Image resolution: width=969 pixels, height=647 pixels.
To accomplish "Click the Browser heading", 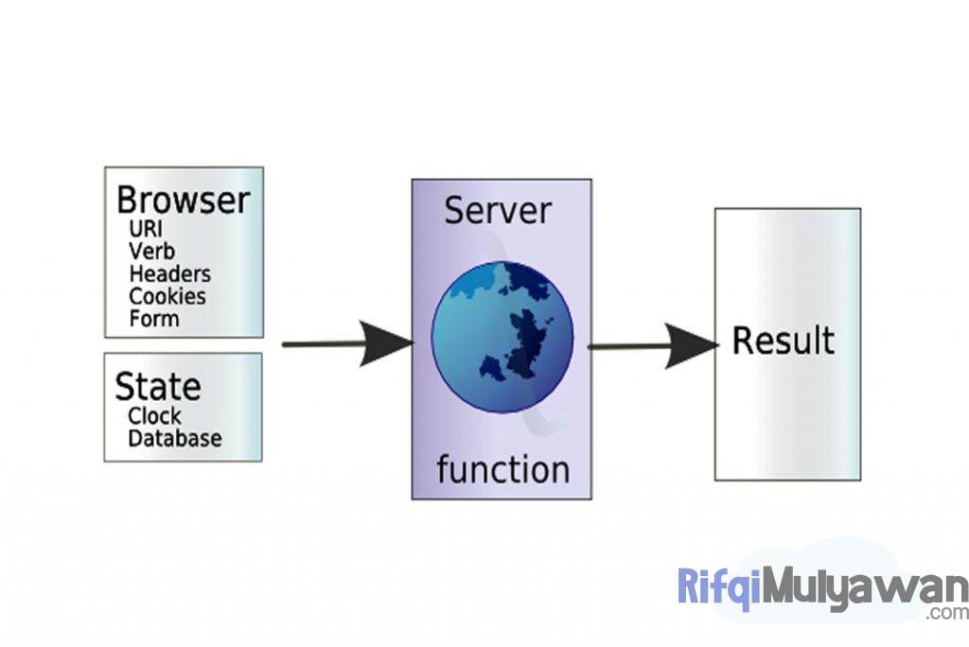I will (183, 201).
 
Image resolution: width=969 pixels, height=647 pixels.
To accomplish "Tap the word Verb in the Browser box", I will (151, 251).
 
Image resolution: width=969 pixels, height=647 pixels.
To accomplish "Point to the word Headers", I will (169, 273).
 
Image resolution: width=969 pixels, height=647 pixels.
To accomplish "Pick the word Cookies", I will (167, 296).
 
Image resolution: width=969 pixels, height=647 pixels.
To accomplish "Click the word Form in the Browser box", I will (153, 319).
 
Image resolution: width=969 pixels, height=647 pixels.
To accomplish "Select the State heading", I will (157, 387).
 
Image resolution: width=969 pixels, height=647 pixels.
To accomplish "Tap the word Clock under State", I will (154, 415).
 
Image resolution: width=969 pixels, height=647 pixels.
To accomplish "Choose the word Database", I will (175, 438).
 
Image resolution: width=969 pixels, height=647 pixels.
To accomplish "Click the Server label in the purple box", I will (498, 210).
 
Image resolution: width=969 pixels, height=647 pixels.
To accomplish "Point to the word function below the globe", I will (502, 469).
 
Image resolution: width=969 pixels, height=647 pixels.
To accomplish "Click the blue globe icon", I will (502, 337).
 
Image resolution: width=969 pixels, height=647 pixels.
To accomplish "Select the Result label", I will (784, 341).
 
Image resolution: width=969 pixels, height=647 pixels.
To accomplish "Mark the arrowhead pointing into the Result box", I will (691, 346).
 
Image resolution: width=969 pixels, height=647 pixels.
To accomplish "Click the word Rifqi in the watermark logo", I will (719, 587).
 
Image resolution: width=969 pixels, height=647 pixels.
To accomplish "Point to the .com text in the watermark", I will (947, 613).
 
